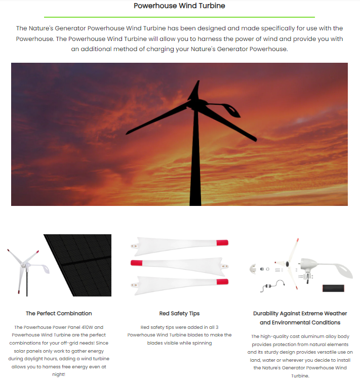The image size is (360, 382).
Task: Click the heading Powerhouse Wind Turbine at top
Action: pos(179,6)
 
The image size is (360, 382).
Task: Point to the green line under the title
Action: pos(179,17)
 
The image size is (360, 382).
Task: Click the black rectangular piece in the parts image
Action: pos(333,288)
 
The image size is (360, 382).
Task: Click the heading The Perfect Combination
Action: pos(59,313)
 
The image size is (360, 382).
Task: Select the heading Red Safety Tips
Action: pos(179,313)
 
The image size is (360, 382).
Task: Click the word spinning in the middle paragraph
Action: pos(201,343)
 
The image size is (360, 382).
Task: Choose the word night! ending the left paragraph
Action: pos(59,374)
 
